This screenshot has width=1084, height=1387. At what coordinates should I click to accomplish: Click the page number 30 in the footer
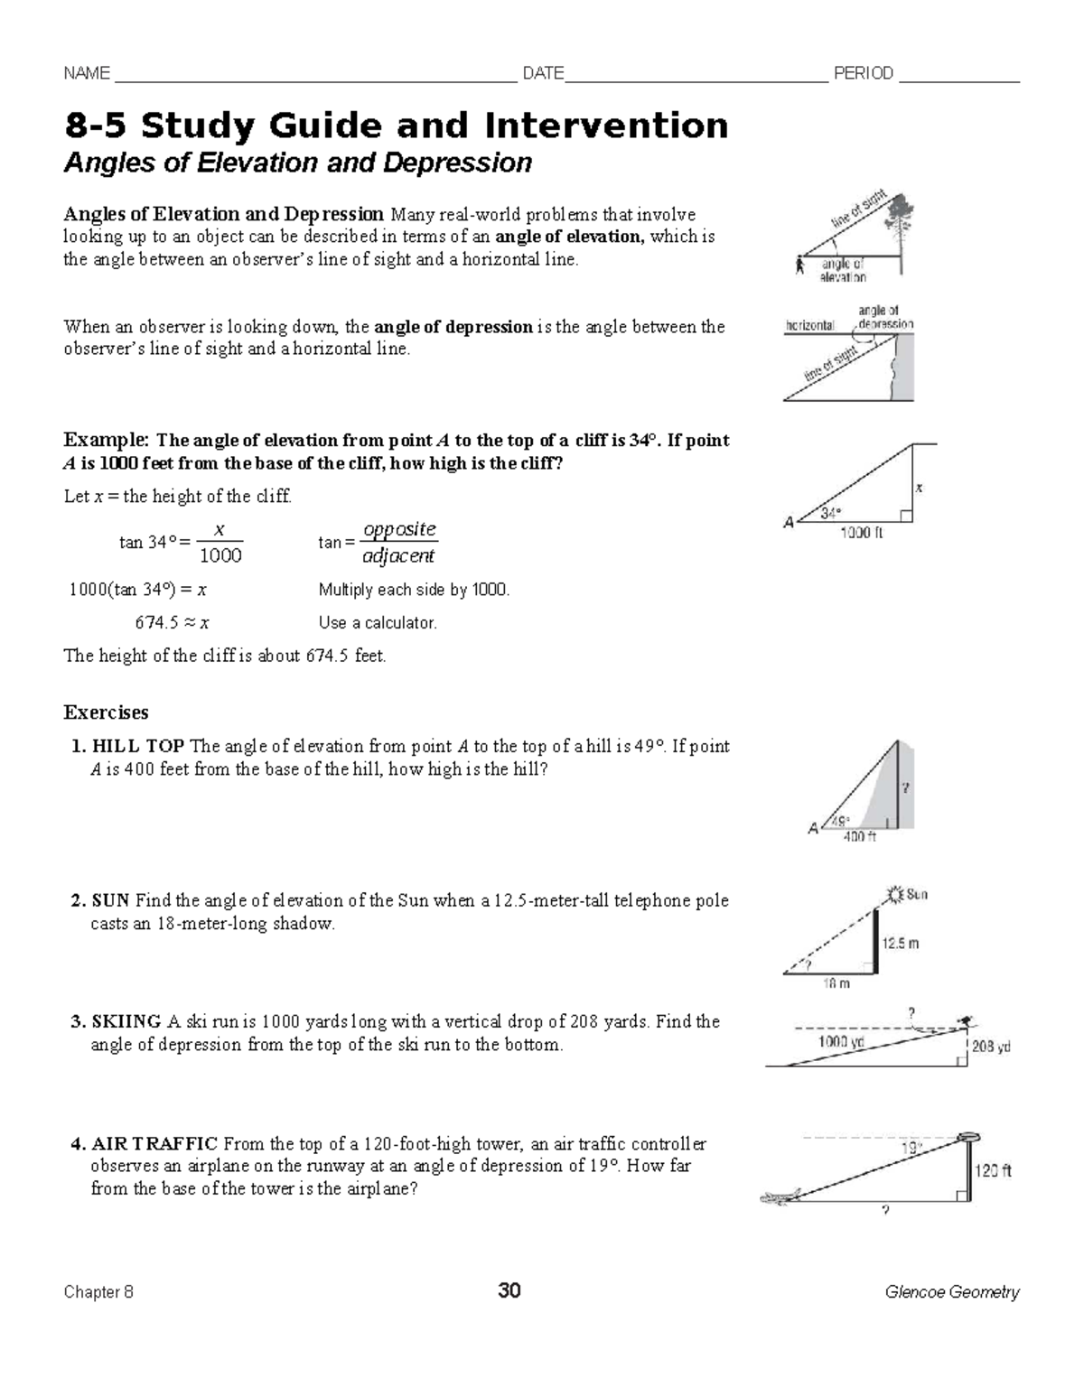pos(509,1290)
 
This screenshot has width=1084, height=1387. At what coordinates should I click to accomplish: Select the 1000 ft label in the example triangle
pos(861,533)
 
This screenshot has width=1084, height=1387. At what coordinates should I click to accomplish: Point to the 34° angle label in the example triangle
pos(830,513)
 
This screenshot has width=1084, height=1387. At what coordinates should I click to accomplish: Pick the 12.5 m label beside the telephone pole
pos(901,943)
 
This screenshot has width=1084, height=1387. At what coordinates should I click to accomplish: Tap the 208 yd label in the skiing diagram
pos(991,1047)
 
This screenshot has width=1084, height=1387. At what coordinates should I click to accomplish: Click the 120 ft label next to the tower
pos(993,1170)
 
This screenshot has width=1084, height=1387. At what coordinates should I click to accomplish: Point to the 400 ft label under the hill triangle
pos(859,837)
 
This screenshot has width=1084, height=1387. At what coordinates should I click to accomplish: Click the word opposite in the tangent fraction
pos(398,529)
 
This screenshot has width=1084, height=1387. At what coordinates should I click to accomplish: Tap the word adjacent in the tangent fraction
pos(398,555)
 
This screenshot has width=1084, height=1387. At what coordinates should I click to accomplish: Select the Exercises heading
pos(106,712)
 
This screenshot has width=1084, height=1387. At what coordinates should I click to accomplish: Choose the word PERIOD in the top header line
pos(863,73)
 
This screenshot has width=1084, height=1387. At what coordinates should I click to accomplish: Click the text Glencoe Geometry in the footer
pos(952,1292)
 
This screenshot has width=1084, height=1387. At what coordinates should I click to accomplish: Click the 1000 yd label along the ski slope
pos(841,1042)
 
